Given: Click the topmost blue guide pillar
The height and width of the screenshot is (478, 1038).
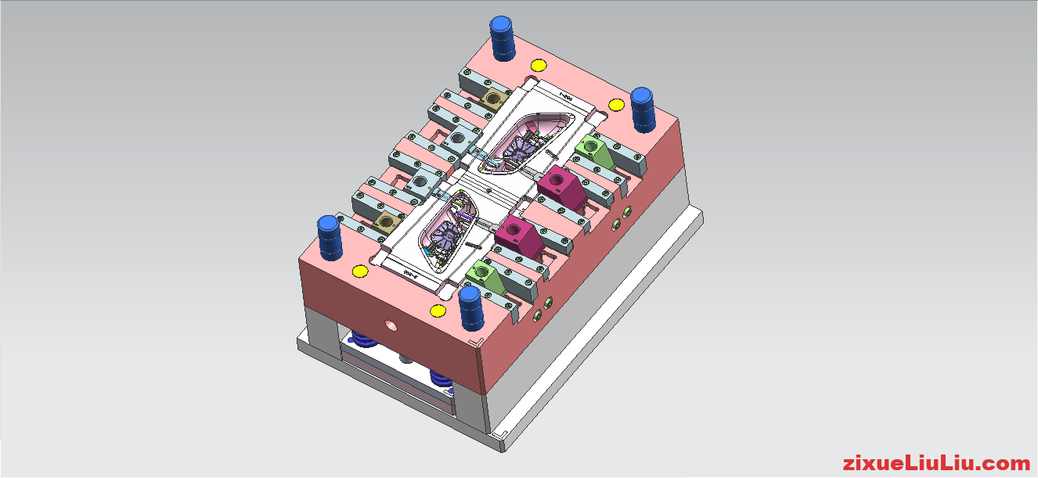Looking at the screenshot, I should tap(502, 38).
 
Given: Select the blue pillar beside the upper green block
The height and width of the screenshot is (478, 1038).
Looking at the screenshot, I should tap(643, 110).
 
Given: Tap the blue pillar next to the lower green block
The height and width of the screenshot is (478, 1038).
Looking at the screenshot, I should tap(470, 307).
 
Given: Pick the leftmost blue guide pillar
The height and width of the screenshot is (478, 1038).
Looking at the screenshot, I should tap(330, 238).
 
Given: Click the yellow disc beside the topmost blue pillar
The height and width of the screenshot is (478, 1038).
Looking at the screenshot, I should tap(538, 65).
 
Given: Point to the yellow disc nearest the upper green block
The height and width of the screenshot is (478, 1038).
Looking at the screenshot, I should tap(617, 104).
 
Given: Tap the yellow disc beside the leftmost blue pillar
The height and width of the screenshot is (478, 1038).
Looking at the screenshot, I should tap(360, 271).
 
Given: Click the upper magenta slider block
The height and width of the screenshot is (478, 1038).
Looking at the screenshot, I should tap(560, 185).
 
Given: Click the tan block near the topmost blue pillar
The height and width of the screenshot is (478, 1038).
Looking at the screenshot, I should tap(494, 99).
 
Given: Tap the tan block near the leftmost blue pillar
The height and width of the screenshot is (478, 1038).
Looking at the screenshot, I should tap(385, 221).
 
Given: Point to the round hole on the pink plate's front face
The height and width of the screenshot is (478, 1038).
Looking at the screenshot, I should tap(390, 323).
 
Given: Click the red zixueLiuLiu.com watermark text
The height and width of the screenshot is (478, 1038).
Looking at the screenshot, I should tap(936, 463).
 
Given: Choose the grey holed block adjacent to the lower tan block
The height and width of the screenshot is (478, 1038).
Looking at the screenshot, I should tap(420, 182).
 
